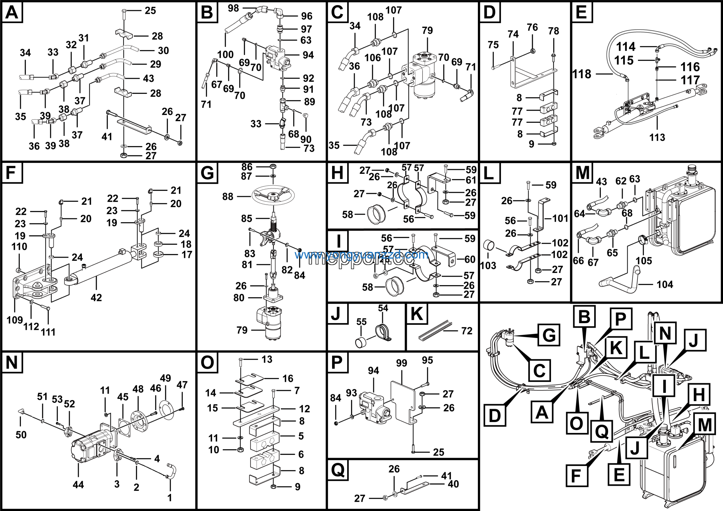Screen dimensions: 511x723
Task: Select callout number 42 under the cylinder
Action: [96, 297]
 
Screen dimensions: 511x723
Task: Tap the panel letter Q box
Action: [338, 470]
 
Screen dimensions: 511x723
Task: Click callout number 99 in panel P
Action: [402, 363]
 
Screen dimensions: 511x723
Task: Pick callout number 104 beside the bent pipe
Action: [665, 285]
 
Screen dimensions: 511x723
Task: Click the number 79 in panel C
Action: [427, 31]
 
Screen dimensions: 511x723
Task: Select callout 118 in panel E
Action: [582, 74]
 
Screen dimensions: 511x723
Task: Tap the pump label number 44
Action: [78, 484]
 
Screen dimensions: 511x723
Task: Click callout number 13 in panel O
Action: [267, 359]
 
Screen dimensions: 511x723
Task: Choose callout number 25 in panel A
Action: [150, 11]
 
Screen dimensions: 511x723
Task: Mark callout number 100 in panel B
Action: [225, 55]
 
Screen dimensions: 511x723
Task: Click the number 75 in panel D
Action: [493, 45]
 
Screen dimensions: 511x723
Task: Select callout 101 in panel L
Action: [560, 218]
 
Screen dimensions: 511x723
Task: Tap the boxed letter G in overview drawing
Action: [549, 335]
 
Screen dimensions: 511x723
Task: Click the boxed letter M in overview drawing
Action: [705, 425]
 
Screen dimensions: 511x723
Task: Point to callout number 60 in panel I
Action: [470, 259]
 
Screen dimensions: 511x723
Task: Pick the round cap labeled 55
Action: [361, 342]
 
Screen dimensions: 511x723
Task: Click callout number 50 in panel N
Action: [21, 435]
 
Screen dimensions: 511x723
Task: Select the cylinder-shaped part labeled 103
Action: [489, 245]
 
